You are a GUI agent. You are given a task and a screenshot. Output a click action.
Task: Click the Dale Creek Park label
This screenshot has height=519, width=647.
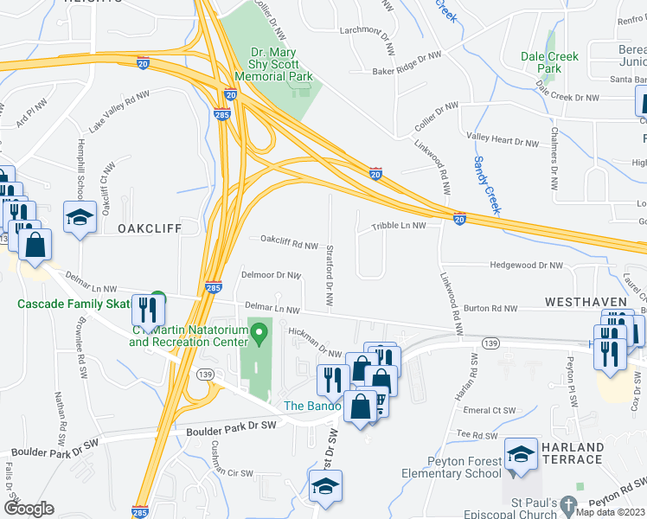(x=549, y=62)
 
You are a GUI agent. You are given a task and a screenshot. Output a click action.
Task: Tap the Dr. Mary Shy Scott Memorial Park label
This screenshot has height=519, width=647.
(x=274, y=65)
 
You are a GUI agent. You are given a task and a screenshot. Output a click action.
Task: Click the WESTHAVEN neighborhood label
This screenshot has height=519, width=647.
(x=586, y=301)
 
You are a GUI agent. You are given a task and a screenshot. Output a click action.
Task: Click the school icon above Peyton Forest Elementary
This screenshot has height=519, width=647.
(x=522, y=457)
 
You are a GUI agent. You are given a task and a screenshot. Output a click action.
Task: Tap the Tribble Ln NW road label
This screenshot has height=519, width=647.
(x=399, y=225)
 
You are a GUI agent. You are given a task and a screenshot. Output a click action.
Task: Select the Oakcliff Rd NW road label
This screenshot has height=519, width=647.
(x=289, y=245)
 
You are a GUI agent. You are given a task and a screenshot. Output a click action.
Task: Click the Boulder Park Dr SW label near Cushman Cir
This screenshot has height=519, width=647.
(x=229, y=426)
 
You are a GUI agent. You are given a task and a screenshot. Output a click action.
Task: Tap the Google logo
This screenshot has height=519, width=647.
(x=29, y=509)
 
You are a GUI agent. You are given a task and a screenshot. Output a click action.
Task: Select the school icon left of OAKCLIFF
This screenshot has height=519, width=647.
(x=80, y=219)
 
